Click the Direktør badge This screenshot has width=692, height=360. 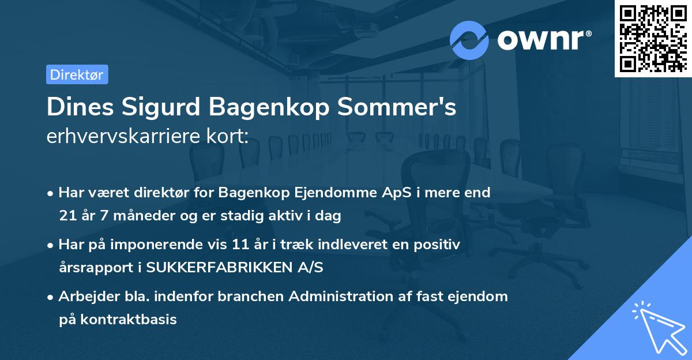point(77,74)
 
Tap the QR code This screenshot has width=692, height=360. point(652,38)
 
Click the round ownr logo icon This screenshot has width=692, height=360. point(469,40)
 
